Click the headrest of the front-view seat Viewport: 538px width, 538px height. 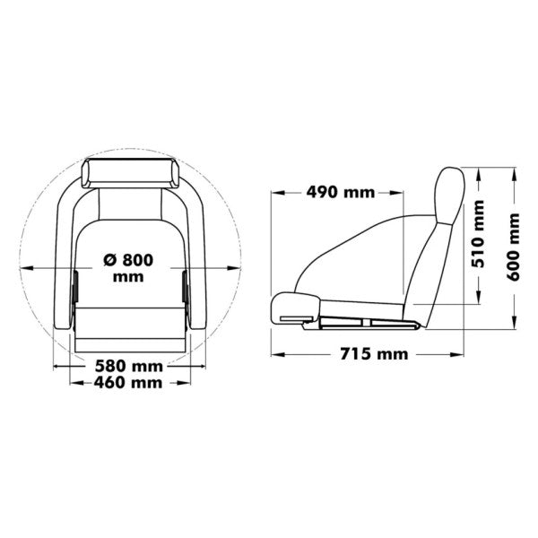pyautogui.click(x=131, y=172)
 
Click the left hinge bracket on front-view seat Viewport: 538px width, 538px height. pyautogui.click(x=75, y=287)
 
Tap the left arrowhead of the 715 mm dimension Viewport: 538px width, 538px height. pyautogui.click(x=275, y=354)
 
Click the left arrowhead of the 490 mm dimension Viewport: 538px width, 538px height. pyautogui.click(x=275, y=192)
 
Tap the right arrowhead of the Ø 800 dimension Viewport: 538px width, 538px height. pyautogui.click(x=239, y=266)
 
